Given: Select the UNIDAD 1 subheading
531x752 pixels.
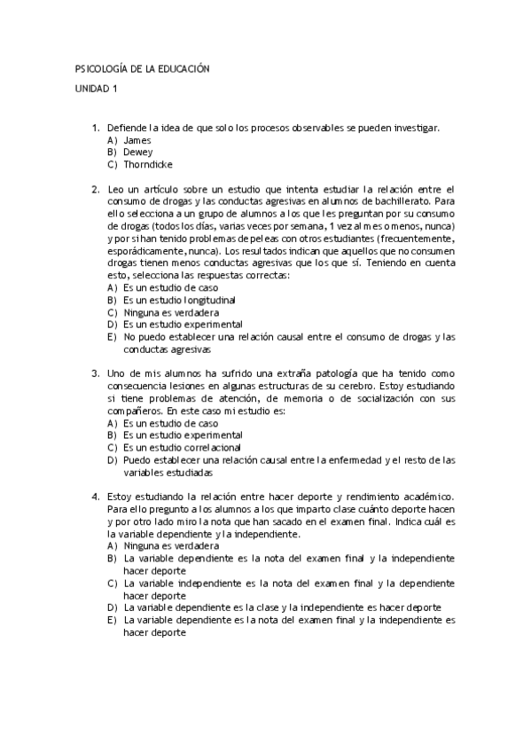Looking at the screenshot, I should coord(96,89).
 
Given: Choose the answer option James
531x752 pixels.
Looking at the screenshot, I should coord(137,140).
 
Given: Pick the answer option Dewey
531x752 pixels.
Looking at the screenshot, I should coord(138,152).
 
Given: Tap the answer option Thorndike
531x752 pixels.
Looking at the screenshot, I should coord(148,164).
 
